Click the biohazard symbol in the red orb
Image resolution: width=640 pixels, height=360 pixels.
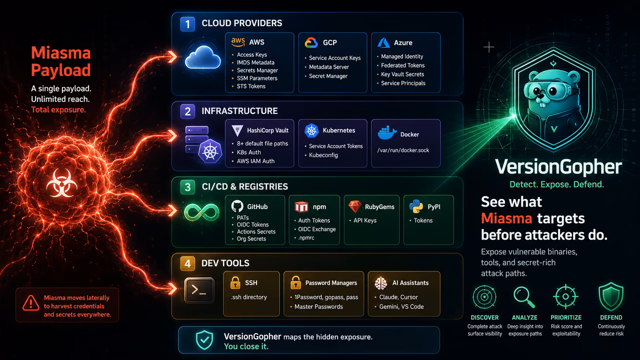(61, 183)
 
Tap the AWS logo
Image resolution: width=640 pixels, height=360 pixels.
(238, 42)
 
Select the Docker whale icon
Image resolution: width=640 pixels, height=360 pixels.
(387, 132)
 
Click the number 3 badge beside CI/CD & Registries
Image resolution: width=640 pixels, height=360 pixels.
(187, 187)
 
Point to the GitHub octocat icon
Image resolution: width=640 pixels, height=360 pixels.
(237, 206)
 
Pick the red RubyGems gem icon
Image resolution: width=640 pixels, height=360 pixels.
(355, 206)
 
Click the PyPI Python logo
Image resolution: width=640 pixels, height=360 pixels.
(416, 206)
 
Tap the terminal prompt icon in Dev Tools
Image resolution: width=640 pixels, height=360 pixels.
(199, 290)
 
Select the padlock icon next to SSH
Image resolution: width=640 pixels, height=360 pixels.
(235, 283)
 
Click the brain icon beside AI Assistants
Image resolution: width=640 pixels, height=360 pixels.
(381, 283)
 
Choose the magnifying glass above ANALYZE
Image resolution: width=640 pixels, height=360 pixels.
(524, 297)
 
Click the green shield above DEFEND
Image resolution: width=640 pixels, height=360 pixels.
(611, 296)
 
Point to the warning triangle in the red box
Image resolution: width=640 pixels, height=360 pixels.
(31, 303)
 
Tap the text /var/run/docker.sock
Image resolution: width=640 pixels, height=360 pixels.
(403, 150)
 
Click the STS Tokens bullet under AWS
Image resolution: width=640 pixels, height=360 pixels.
(251, 86)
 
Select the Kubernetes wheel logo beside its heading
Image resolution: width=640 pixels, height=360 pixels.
(311, 130)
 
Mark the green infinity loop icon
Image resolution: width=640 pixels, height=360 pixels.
(201, 212)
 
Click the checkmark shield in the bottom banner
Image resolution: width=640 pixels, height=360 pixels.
(204, 340)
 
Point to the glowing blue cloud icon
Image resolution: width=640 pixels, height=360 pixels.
(203, 57)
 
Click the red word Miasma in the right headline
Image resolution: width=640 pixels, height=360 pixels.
(506, 218)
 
